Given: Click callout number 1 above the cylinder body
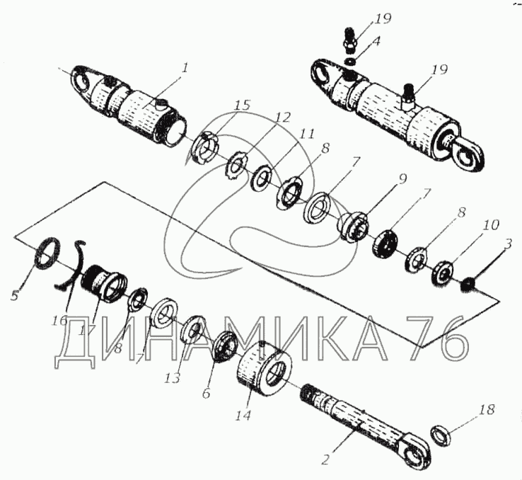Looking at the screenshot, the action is pyautogui.click(x=185, y=69).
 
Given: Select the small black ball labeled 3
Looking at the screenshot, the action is pyautogui.click(x=466, y=284).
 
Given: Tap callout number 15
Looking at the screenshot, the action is pyautogui.click(x=243, y=106).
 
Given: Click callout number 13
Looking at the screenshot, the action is pyautogui.click(x=173, y=378).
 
